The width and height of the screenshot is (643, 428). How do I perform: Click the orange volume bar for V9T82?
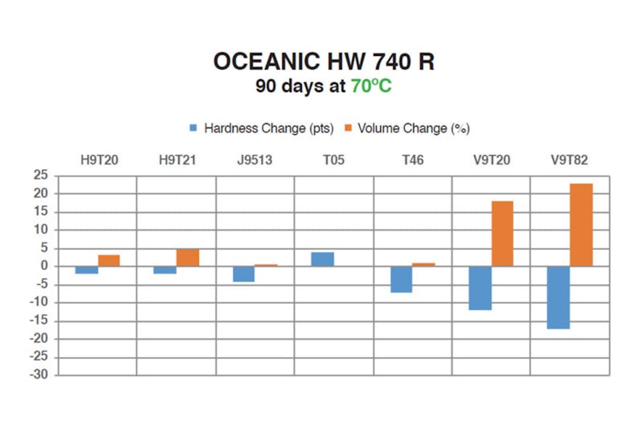(x=581, y=225)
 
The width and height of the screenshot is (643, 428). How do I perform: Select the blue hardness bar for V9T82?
(x=558, y=297)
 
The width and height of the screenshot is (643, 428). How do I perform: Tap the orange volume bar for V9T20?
(x=502, y=234)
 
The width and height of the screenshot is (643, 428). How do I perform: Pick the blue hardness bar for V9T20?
(x=480, y=288)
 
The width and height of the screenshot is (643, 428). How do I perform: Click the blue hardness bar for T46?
(x=401, y=279)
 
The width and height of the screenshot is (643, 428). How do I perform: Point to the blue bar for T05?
(x=323, y=259)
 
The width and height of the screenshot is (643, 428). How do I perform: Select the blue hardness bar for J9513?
(x=244, y=273)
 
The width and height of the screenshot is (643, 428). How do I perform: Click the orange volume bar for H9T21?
(x=188, y=258)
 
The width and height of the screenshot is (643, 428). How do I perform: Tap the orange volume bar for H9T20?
(x=109, y=260)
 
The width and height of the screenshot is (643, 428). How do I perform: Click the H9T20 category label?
(x=99, y=160)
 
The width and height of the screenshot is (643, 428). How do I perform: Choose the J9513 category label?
(x=255, y=160)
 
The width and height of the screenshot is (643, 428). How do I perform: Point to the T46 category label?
(x=413, y=160)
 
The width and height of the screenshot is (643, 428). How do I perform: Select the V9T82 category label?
(x=570, y=160)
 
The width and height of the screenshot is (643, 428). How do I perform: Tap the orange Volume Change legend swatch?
(x=348, y=128)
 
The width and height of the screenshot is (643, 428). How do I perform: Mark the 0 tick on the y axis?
(x=45, y=266)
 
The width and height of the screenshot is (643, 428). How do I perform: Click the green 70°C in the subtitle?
(x=371, y=86)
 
